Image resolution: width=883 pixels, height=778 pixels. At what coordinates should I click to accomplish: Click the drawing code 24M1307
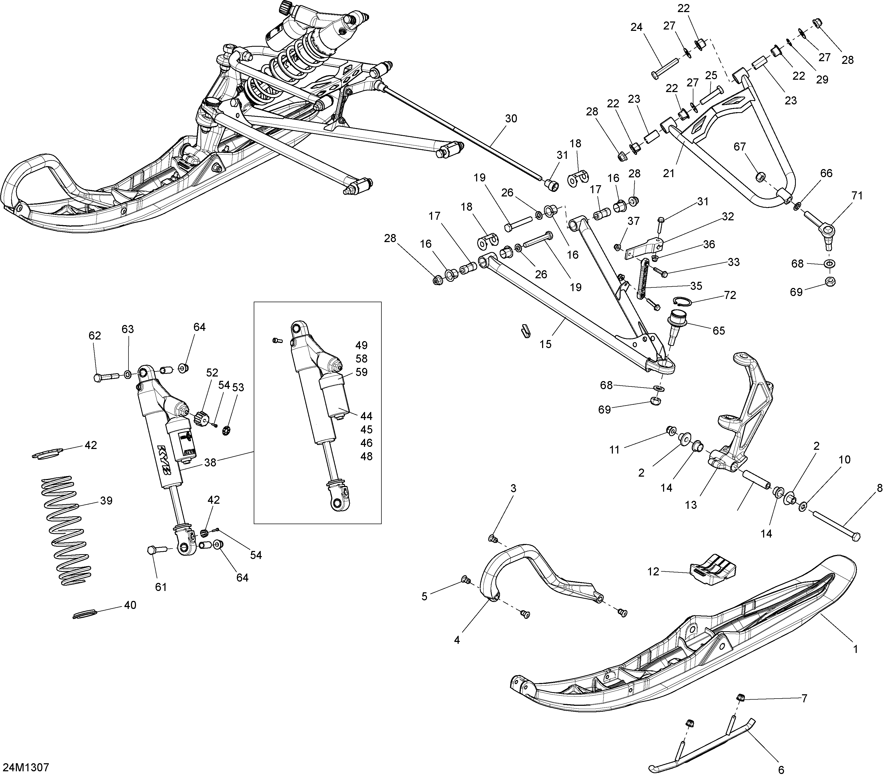26,768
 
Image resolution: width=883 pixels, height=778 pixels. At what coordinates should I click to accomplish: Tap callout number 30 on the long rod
511,118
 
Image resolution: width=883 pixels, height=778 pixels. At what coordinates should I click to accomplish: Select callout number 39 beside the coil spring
106,501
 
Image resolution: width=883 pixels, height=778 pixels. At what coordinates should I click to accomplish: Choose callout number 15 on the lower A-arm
546,344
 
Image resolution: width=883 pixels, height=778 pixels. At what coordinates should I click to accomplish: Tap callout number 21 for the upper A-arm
669,173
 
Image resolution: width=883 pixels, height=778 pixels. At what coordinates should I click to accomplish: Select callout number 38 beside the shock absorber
210,462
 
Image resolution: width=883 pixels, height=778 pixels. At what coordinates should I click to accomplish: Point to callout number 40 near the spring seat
130,605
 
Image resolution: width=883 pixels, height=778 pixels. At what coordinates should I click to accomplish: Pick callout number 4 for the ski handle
457,640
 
